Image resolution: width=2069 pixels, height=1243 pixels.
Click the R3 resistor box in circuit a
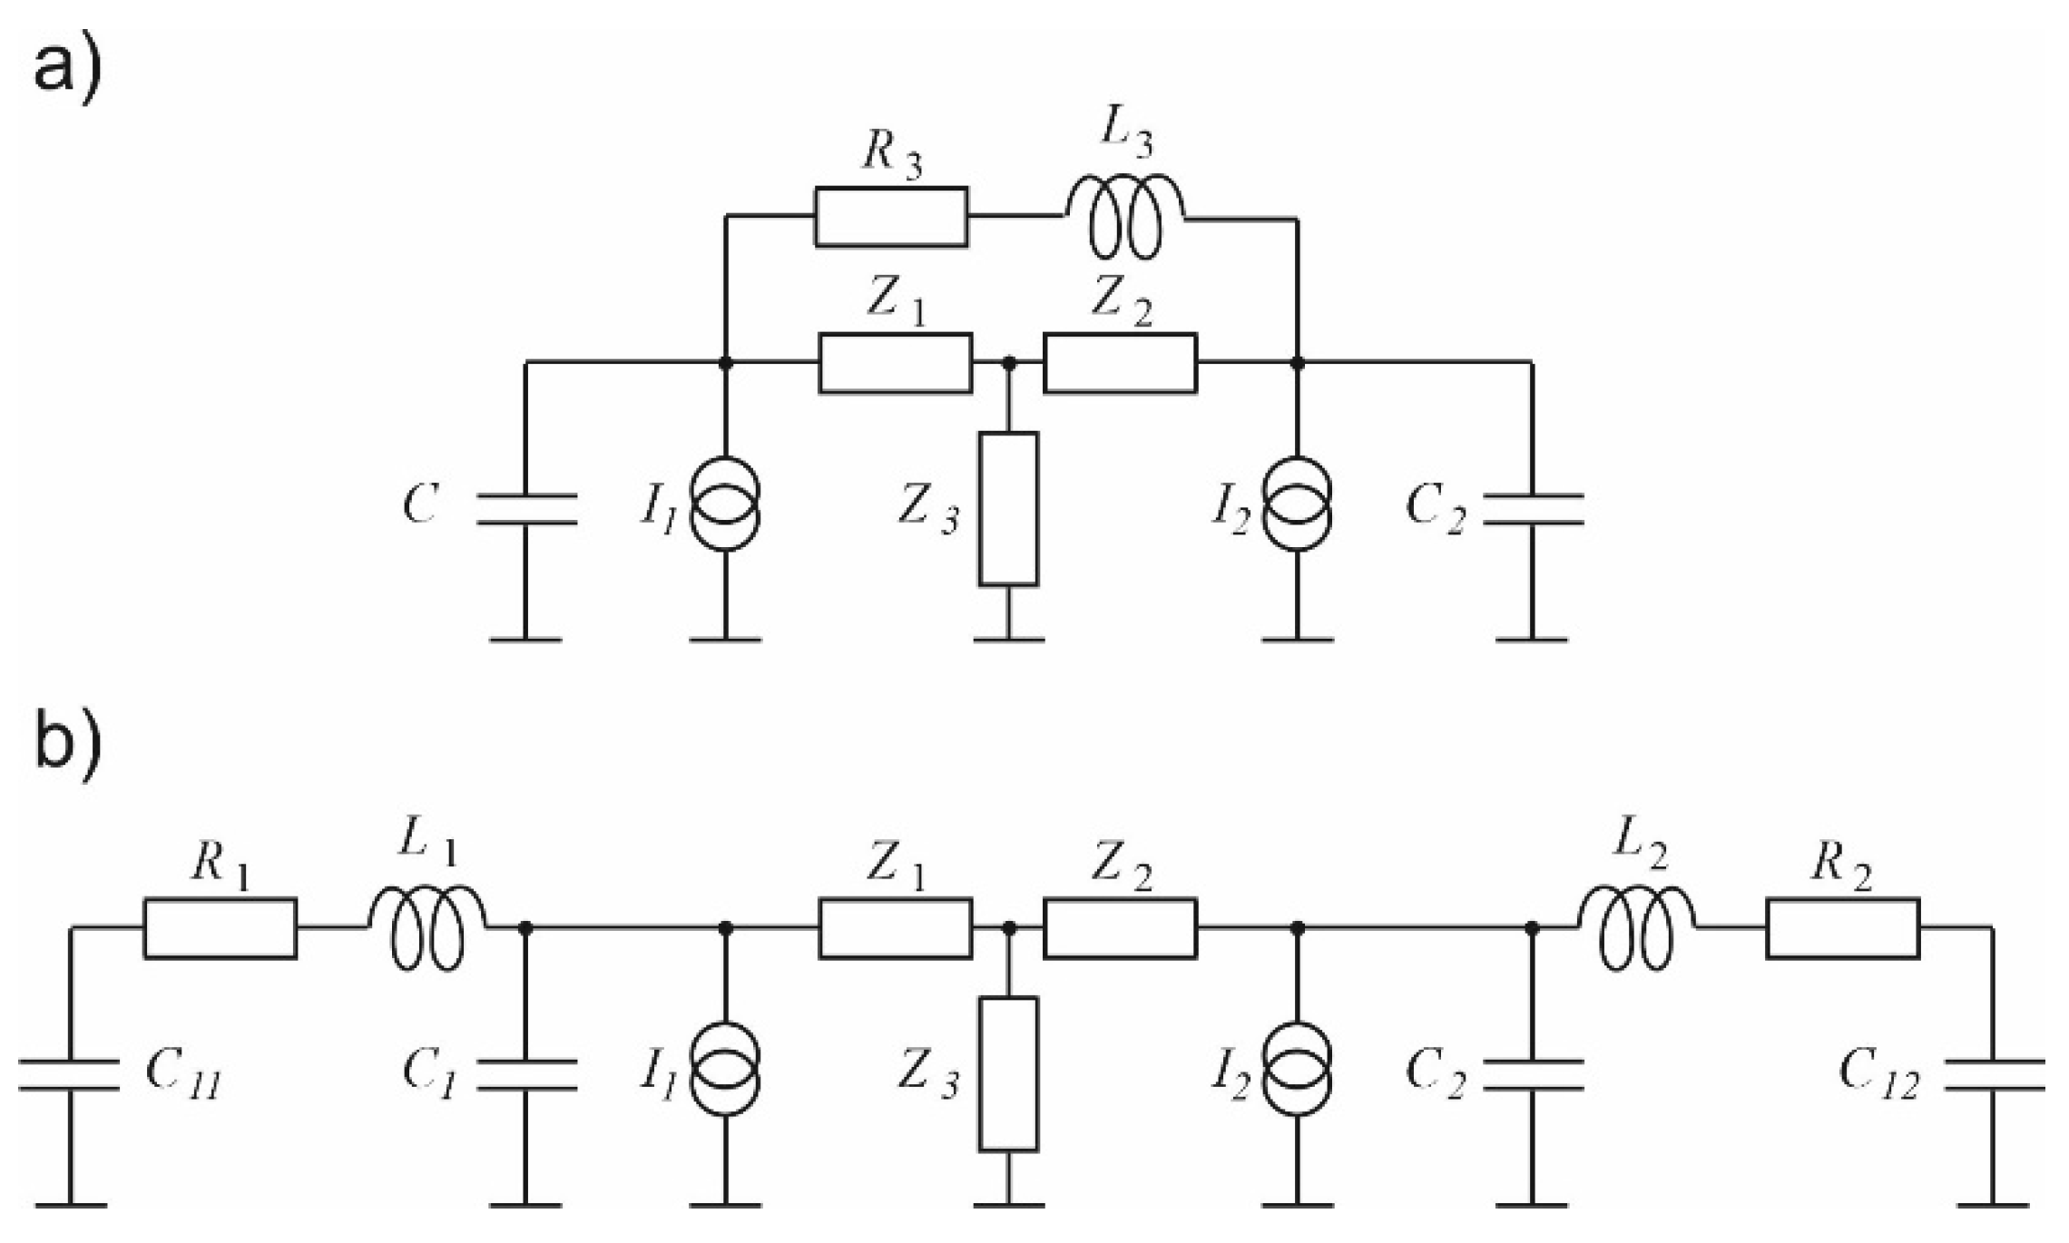click(891, 217)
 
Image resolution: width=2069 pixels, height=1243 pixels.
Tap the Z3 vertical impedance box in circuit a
click(1008, 509)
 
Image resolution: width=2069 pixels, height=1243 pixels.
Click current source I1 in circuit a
click(725, 509)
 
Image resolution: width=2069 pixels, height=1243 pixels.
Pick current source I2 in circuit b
click(1298, 1074)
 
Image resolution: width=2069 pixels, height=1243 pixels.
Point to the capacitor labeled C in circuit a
click(526, 509)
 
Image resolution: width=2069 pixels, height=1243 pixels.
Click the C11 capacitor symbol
click(69, 1074)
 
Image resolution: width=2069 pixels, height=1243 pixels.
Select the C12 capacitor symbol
click(1994, 1074)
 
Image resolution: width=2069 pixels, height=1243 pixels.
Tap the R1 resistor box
click(220, 928)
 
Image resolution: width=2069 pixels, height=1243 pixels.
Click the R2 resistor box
click(1843, 928)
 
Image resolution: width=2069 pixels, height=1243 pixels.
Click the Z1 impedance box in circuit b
click(896, 928)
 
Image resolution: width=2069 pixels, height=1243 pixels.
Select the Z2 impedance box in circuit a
click(1120, 363)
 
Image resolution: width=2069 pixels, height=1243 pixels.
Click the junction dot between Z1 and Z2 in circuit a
click(1008, 363)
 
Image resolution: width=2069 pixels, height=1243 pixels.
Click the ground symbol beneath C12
click(1994, 1206)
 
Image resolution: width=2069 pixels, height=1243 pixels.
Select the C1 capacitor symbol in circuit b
click(526, 1074)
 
